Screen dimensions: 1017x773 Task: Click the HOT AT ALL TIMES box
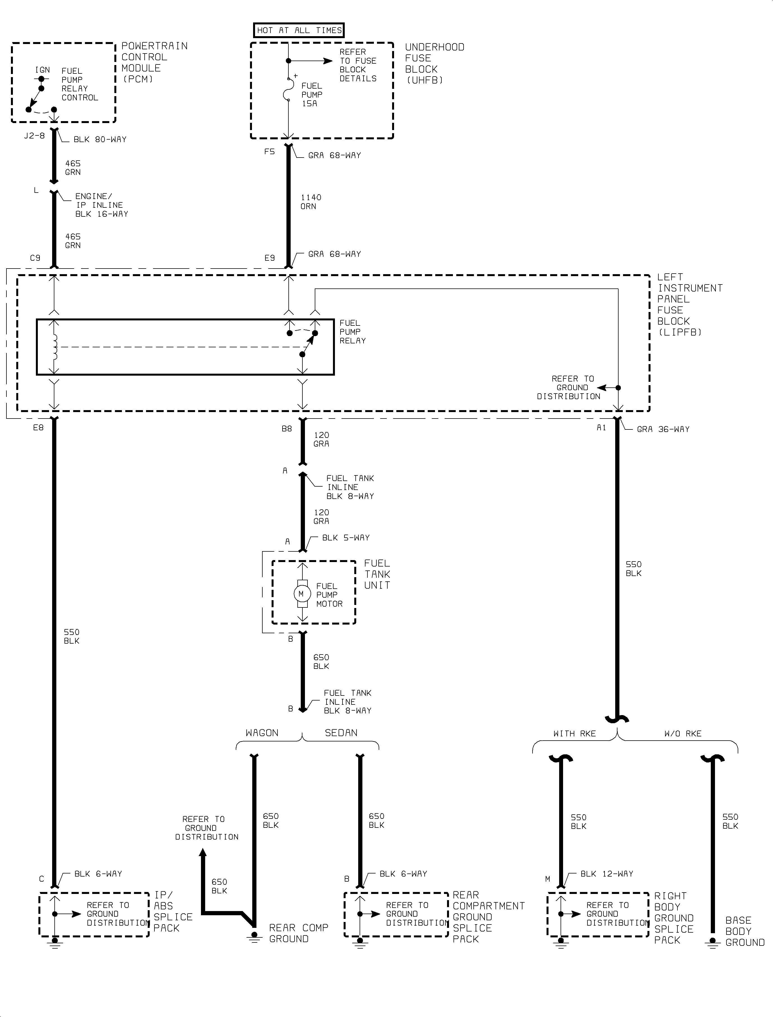point(299,30)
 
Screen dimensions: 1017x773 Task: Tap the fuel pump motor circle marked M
point(301,594)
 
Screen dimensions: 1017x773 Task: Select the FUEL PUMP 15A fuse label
point(311,95)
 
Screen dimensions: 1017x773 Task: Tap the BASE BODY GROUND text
point(744,931)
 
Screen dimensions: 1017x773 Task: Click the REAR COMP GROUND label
point(298,933)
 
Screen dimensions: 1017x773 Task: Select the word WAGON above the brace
point(262,732)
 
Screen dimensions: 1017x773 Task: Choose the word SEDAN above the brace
point(341,732)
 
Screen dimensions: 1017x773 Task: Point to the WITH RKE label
point(574,734)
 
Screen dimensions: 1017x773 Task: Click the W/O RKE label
point(683,734)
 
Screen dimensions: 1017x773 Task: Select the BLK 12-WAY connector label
point(607,873)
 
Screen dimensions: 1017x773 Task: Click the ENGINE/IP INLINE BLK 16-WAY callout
point(101,205)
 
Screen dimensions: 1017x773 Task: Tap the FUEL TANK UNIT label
point(377,574)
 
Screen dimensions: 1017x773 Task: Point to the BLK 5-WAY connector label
point(346,537)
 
